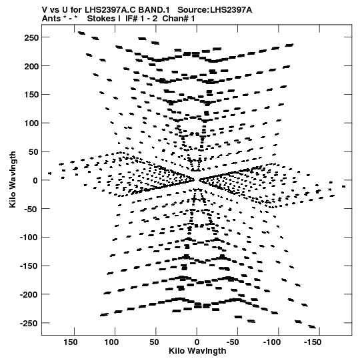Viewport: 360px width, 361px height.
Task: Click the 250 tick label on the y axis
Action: pyautogui.click(x=31, y=37)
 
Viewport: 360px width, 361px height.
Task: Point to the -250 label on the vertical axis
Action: pyautogui.click(x=29, y=323)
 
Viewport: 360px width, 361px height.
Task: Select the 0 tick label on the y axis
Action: pyautogui.click(x=35, y=180)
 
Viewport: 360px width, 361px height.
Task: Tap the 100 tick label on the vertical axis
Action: pyautogui.click(x=31, y=123)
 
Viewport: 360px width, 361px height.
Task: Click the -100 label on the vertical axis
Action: pyautogui.click(x=29, y=238)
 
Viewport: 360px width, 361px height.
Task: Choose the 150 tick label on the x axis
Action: pyautogui.click(x=71, y=342)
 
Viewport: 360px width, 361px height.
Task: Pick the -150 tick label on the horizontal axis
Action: pyautogui.click(x=313, y=342)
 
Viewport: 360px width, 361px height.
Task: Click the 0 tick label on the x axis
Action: pyautogui.click(x=197, y=342)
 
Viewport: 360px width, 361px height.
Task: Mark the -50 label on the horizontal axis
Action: pyautogui.click(x=233, y=342)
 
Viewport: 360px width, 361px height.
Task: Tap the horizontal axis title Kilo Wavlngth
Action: pyautogui.click(x=197, y=351)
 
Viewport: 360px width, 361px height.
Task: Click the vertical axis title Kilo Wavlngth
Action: pyautogui.click(x=13, y=179)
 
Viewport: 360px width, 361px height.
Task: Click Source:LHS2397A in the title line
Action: pyautogui.click(x=215, y=10)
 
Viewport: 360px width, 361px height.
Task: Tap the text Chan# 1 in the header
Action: pyautogui.click(x=179, y=19)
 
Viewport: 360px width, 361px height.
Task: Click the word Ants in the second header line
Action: pyautogui.click(x=51, y=19)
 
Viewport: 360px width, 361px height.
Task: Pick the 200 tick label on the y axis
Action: pyautogui.click(x=31, y=66)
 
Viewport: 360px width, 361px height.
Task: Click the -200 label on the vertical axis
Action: pyautogui.click(x=29, y=295)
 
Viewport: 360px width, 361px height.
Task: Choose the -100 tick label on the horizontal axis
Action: pyautogui.click(x=272, y=342)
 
